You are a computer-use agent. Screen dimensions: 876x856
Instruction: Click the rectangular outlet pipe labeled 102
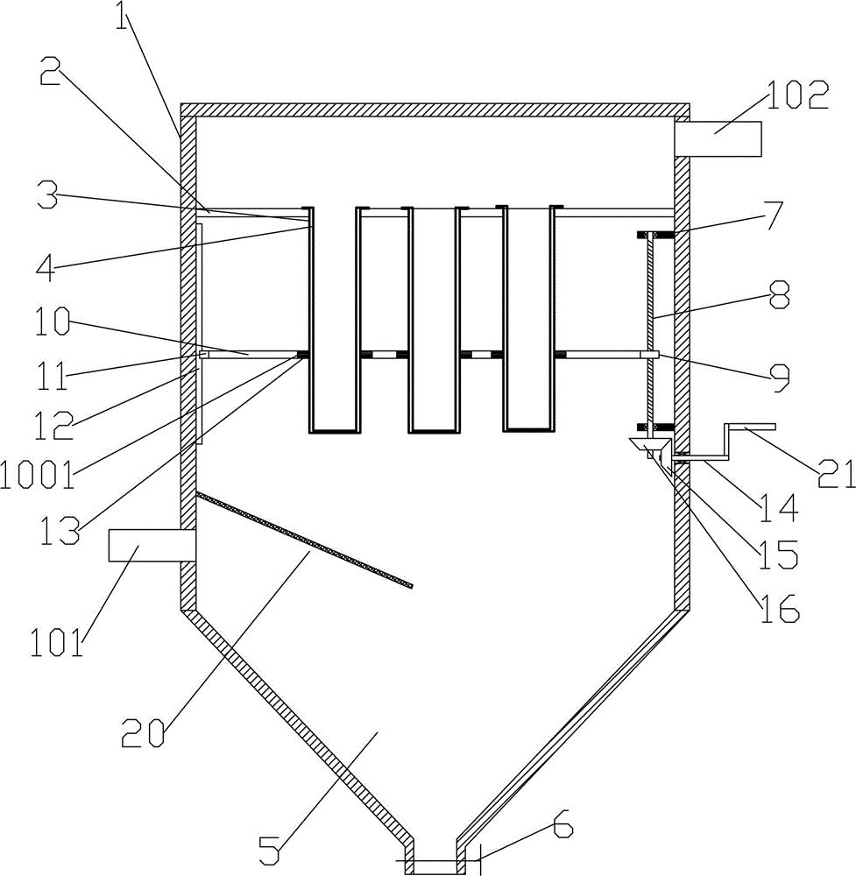point(718,138)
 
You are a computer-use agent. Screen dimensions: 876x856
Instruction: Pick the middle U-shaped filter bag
point(434,320)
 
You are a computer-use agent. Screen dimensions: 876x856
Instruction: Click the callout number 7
point(768,214)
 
